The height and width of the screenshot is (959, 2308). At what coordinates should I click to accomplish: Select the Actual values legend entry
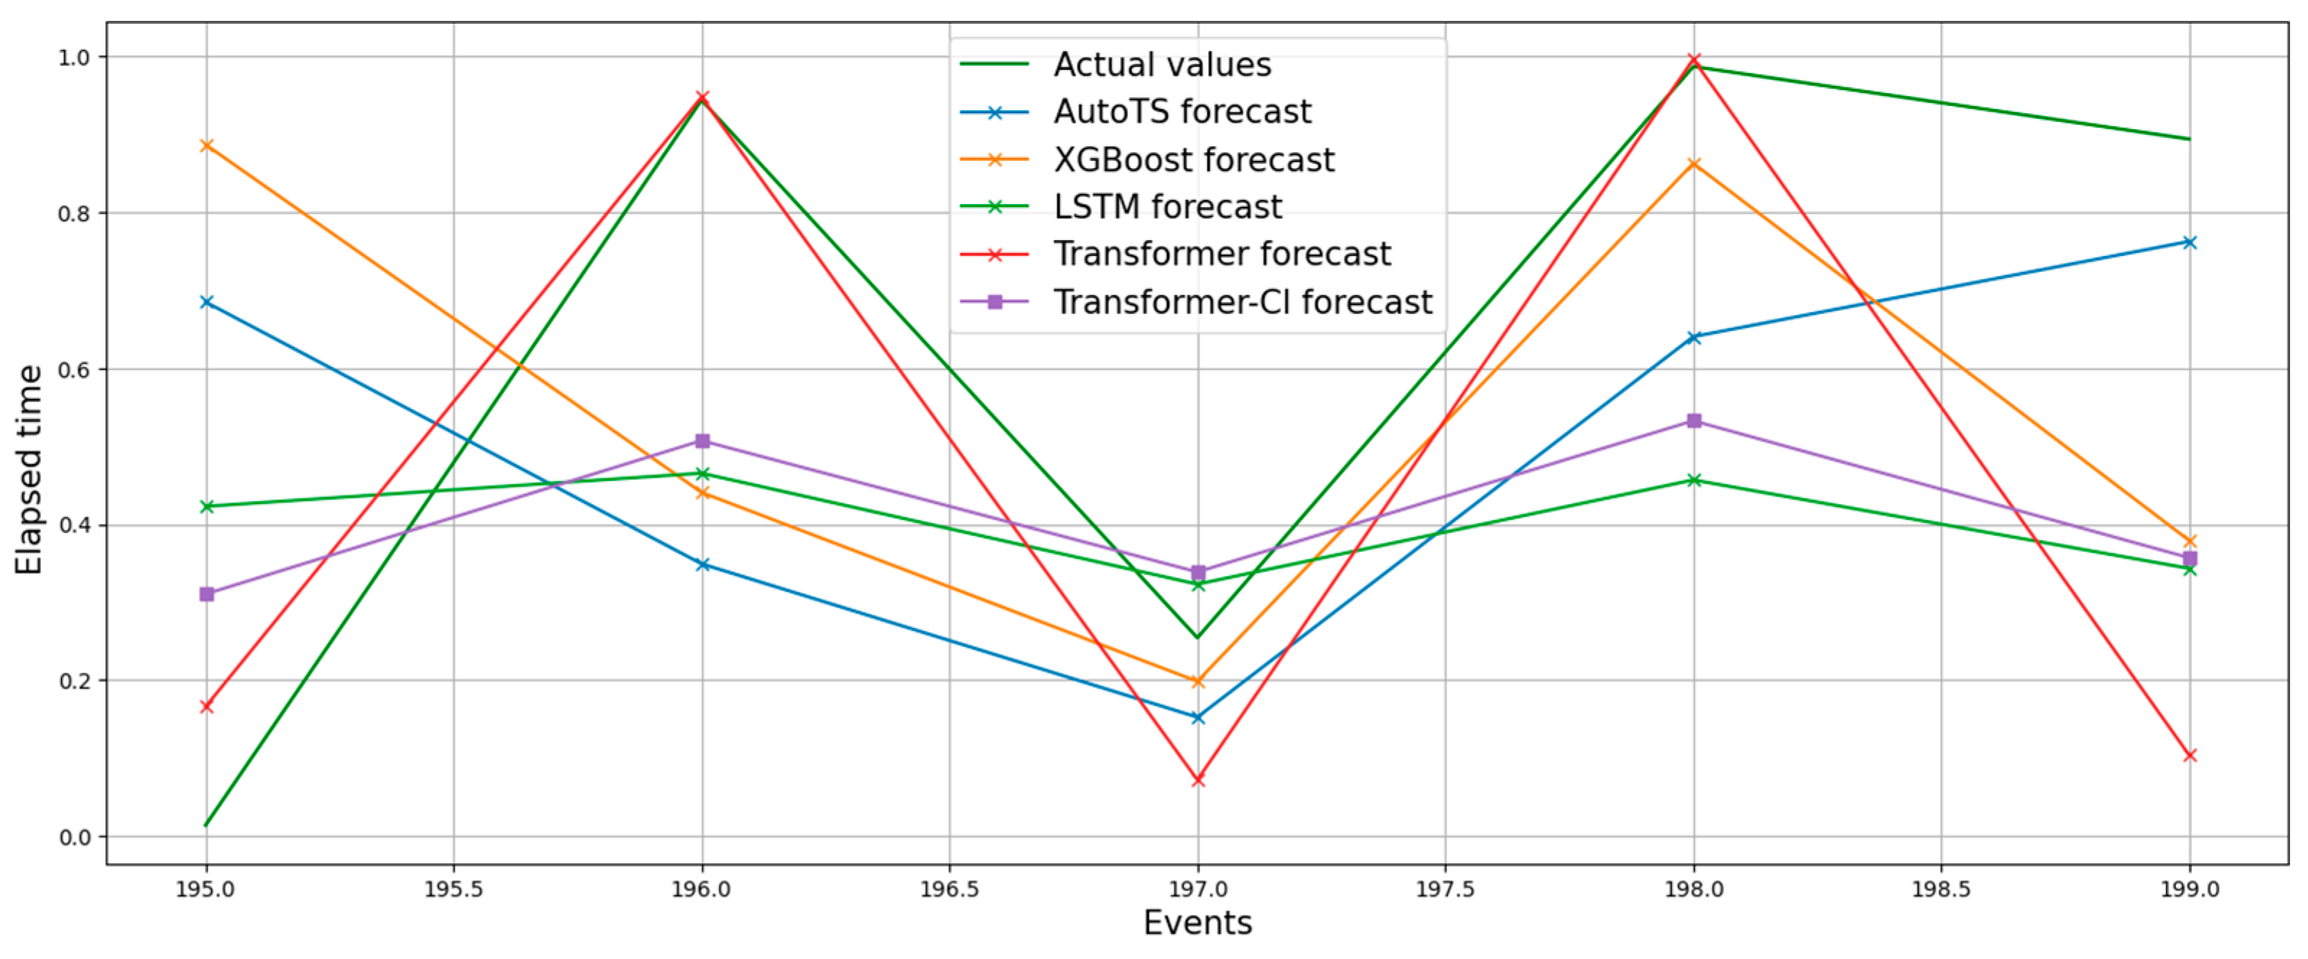pos(1161,64)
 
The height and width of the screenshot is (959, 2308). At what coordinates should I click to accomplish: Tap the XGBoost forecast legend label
pos(1194,159)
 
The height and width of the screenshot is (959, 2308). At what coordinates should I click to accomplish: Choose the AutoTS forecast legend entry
pos(1181,112)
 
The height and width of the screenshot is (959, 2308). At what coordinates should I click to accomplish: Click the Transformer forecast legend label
pos(1221,255)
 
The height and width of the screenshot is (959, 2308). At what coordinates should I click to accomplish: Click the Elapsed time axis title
pos(29,469)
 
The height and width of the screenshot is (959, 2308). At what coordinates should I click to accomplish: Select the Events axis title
pos(1197,922)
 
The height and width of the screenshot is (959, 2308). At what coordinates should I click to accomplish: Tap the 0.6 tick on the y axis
pos(74,369)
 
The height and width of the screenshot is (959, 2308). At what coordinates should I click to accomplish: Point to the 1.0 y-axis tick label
pos(74,57)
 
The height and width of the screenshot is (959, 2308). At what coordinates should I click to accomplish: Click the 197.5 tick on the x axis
pos(1444,889)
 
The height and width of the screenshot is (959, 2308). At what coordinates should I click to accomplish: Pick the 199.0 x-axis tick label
pos(2189,889)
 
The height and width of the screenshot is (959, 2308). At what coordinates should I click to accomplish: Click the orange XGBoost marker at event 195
pos(207,145)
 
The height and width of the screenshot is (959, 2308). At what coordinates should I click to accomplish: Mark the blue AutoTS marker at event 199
pos(2189,243)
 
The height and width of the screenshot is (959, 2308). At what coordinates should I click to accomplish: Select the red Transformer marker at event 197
pos(1198,780)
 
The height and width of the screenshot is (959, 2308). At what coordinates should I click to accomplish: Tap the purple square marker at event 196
pos(702,441)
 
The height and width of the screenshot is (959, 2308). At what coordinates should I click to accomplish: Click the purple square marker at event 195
pos(207,593)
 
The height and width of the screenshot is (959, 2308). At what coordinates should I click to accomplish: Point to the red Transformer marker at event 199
pos(2189,756)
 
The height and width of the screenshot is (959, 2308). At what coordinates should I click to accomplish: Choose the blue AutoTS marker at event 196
pos(702,564)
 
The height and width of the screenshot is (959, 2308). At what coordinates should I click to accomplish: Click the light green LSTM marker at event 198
pos(1693,481)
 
